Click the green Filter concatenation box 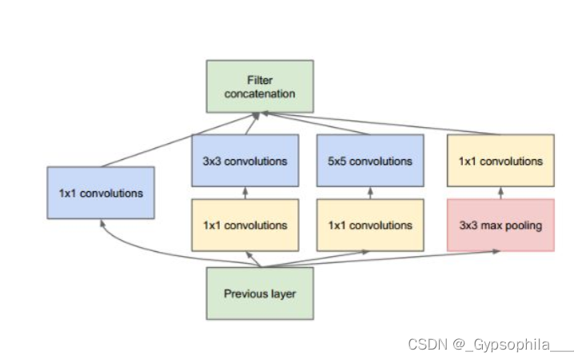[x=260, y=86]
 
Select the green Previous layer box [x=260, y=294]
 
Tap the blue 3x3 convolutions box [x=245, y=161]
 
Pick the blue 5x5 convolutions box [x=369, y=161]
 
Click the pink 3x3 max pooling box [x=500, y=225]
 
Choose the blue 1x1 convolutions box [x=101, y=193]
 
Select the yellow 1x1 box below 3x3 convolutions [x=245, y=225]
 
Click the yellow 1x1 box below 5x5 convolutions [x=369, y=225]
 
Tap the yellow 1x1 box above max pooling [x=500, y=161]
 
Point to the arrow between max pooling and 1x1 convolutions [x=500, y=193]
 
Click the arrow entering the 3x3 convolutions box [x=245, y=193]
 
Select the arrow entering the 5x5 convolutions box [x=369, y=193]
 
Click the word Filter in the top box [x=260, y=80]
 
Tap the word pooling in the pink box [x=523, y=226]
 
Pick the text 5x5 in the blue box [x=337, y=161]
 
